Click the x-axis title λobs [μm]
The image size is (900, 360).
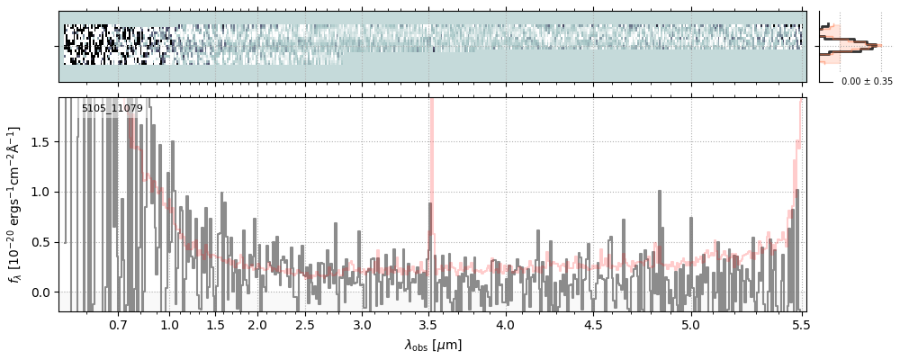coord(432,345)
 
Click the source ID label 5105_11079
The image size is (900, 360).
coord(112,109)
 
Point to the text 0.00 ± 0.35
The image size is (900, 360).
coord(867,81)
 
